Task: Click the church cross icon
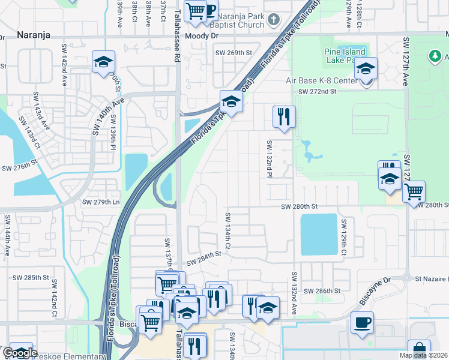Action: pos(273,20)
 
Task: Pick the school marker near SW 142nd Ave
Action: pos(103,62)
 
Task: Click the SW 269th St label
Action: pos(234,53)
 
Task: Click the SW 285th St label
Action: pos(30,278)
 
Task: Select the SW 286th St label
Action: pos(322,290)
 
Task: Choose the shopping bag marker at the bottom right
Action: pos(418,350)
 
